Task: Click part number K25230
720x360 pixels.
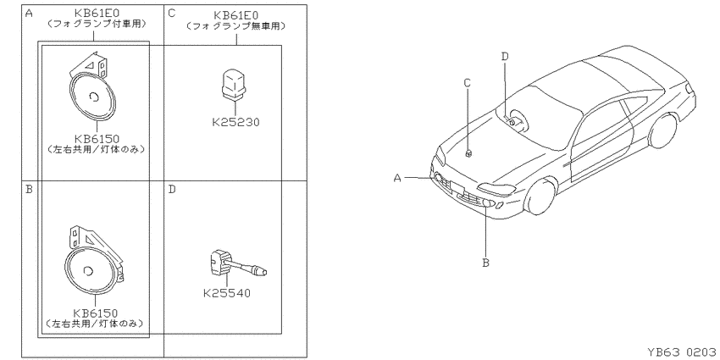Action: (x=235, y=122)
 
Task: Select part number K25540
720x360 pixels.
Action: (x=227, y=292)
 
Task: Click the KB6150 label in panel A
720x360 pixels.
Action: (x=97, y=139)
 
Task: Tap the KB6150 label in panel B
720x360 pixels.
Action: (x=95, y=313)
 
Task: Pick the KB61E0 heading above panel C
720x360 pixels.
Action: (x=236, y=15)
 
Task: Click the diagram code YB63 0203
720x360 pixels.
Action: (x=681, y=352)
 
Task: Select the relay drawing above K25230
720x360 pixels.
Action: (x=235, y=84)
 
